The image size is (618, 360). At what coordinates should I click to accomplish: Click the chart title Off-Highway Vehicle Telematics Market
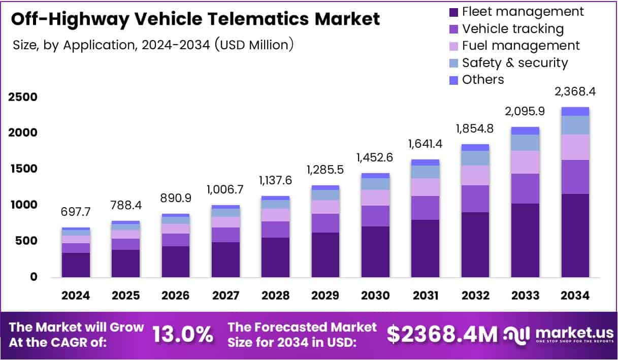coord(195,19)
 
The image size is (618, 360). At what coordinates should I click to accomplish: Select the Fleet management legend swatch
coord(454,12)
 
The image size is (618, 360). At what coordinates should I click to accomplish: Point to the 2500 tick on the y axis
coord(22,97)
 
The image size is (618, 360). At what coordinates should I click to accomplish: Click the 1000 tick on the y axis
coord(22,205)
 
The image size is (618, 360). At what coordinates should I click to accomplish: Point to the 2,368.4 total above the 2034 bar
coord(575,92)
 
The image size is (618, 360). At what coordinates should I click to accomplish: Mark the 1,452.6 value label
coord(375,157)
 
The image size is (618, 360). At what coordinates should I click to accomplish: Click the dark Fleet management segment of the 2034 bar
coord(575,235)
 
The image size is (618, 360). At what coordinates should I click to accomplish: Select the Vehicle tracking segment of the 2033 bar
coord(525,188)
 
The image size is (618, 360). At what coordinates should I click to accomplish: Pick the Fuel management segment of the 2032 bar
coord(475,175)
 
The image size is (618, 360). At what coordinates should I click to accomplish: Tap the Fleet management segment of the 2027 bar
coord(225,259)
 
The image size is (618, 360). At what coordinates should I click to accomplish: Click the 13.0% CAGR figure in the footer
coord(183,334)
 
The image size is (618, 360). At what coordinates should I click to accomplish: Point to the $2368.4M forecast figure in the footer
coord(442,334)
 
